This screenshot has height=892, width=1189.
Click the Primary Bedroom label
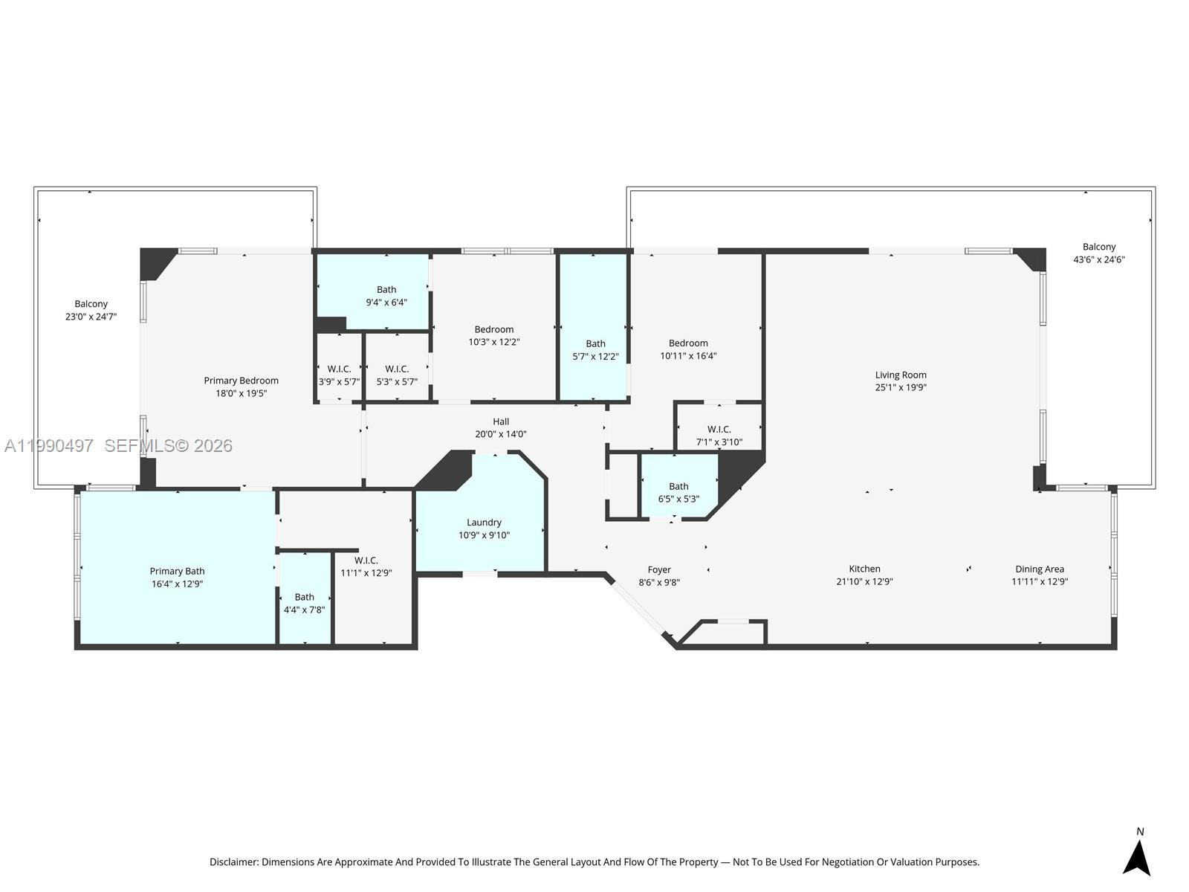coord(241,381)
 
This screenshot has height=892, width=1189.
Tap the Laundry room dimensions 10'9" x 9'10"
coord(484,535)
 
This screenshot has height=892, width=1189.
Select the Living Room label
coord(900,375)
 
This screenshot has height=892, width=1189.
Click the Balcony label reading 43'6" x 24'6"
coord(1098,253)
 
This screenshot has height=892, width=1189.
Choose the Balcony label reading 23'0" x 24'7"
coord(91,310)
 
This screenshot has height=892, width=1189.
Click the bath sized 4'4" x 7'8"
coord(304,603)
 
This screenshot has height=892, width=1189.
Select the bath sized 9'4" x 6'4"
coord(386,296)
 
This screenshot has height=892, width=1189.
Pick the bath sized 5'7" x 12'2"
coord(595,350)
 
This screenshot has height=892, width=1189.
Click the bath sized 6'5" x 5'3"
coord(678,492)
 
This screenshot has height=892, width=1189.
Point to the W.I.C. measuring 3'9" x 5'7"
coord(339,375)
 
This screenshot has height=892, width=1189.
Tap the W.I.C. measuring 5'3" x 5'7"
coord(397,375)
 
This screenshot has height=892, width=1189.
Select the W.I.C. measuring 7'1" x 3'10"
coord(719,436)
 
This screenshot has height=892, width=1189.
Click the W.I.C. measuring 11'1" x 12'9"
coord(366,566)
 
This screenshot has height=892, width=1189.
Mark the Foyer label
coord(658,569)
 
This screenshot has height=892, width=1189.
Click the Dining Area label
coord(1039,569)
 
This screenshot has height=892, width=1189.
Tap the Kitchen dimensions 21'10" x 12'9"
coord(864,581)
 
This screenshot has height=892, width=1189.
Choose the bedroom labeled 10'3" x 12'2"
coord(493,335)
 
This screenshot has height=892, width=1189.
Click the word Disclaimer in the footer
coord(233,862)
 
